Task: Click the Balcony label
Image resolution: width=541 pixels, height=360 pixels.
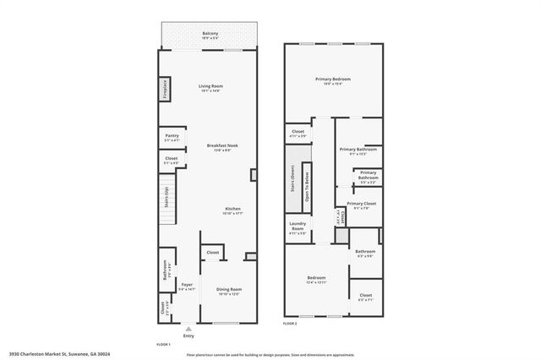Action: click(x=210, y=35)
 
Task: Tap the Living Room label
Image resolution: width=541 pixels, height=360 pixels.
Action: click(x=210, y=88)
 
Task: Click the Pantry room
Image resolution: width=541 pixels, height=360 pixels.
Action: click(x=172, y=137)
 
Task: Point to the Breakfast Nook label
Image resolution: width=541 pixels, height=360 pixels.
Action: click(x=222, y=146)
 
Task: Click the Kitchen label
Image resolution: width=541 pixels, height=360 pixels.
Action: click(x=233, y=210)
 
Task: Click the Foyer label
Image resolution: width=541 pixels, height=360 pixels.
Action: click(x=187, y=286)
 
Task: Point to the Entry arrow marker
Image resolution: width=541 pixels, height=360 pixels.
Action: click(x=189, y=328)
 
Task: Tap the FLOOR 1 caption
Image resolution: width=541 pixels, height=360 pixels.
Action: click(x=164, y=344)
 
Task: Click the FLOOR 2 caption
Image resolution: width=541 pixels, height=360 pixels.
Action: click(x=291, y=323)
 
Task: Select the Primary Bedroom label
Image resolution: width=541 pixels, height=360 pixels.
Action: click(x=333, y=80)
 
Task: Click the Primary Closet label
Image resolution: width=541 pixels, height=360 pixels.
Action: click(x=361, y=205)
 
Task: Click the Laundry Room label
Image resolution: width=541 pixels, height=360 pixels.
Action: click(x=298, y=229)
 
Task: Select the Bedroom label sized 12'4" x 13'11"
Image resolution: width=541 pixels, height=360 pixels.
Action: click(x=316, y=280)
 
